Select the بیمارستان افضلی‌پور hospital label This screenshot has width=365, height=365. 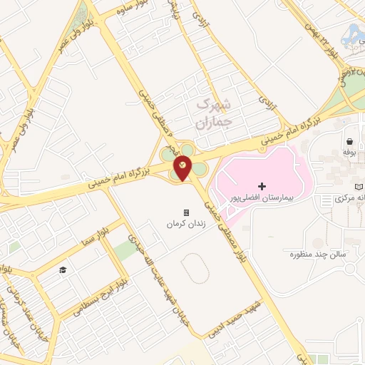tap(262, 195)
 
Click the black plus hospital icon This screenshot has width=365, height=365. tap(262, 185)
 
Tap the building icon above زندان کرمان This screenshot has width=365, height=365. tap(187, 212)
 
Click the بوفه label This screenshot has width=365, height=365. tap(349, 152)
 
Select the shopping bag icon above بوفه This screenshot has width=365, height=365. tap(349, 141)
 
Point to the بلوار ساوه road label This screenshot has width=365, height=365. tap(123, 11)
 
